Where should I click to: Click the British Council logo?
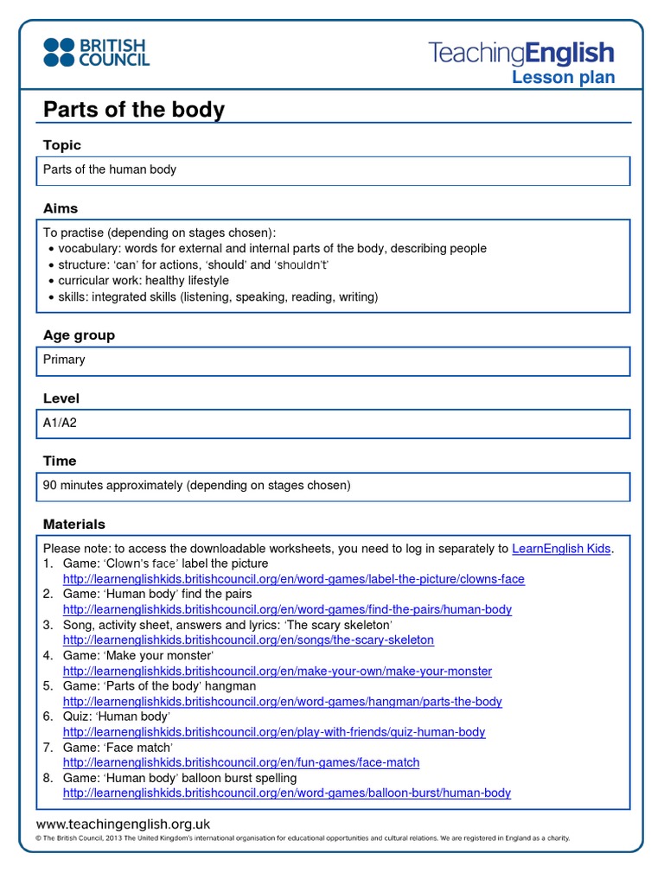[96, 52]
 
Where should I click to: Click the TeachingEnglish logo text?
[521, 53]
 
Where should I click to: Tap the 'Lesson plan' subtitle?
[563, 78]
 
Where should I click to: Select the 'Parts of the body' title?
[134, 110]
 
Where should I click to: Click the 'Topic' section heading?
[62, 145]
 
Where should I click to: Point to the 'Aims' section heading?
[61, 208]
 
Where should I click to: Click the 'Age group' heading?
[79, 335]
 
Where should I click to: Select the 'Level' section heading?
[61, 398]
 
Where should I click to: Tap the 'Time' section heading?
[60, 461]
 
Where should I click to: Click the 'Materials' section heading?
[74, 524]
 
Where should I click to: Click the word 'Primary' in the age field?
[64, 360]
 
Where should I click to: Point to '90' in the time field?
[50, 486]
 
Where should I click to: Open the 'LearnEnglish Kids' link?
[562, 549]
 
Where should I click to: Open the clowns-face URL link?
[293, 579]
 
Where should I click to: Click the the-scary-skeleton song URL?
[248, 640]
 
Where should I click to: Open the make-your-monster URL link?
[277, 672]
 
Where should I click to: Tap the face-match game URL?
[241, 763]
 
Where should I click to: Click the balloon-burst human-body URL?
[287, 793]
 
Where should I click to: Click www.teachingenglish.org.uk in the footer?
[123, 825]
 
